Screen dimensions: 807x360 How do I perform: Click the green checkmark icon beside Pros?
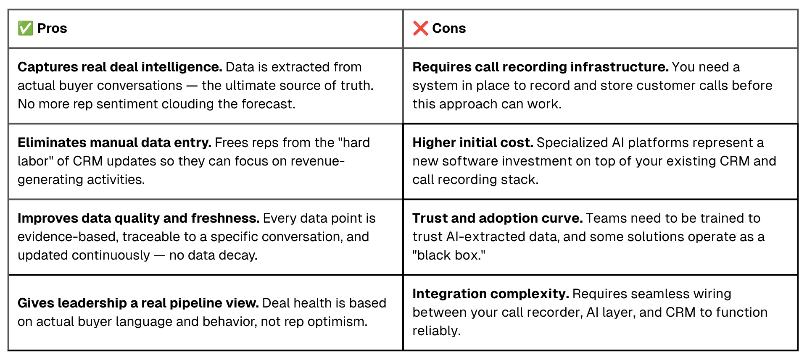click(x=25, y=28)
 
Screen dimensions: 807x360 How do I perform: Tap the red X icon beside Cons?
click(x=420, y=28)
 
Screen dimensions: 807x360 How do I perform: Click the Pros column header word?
click(x=52, y=28)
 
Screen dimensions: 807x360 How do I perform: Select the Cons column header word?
click(x=449, y=28)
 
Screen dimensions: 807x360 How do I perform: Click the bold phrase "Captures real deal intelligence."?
click(x=120, y=67)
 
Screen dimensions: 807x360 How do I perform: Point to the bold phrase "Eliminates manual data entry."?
click(x=114, y=142)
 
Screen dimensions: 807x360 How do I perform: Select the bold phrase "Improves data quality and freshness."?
click(x=138, y=218)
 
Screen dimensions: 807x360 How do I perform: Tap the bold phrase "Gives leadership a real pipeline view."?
click(x=138, y=303)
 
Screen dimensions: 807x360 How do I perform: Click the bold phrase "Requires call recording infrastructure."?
click(x=541, y=67)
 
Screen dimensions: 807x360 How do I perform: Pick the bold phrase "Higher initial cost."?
click(x=473, y=142)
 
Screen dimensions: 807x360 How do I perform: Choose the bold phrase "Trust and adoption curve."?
click(x=498, y=218)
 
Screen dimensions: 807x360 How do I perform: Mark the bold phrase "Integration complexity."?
click(x=491, y=294)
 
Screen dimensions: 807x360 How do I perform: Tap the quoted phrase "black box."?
click(x=449, y=255)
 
